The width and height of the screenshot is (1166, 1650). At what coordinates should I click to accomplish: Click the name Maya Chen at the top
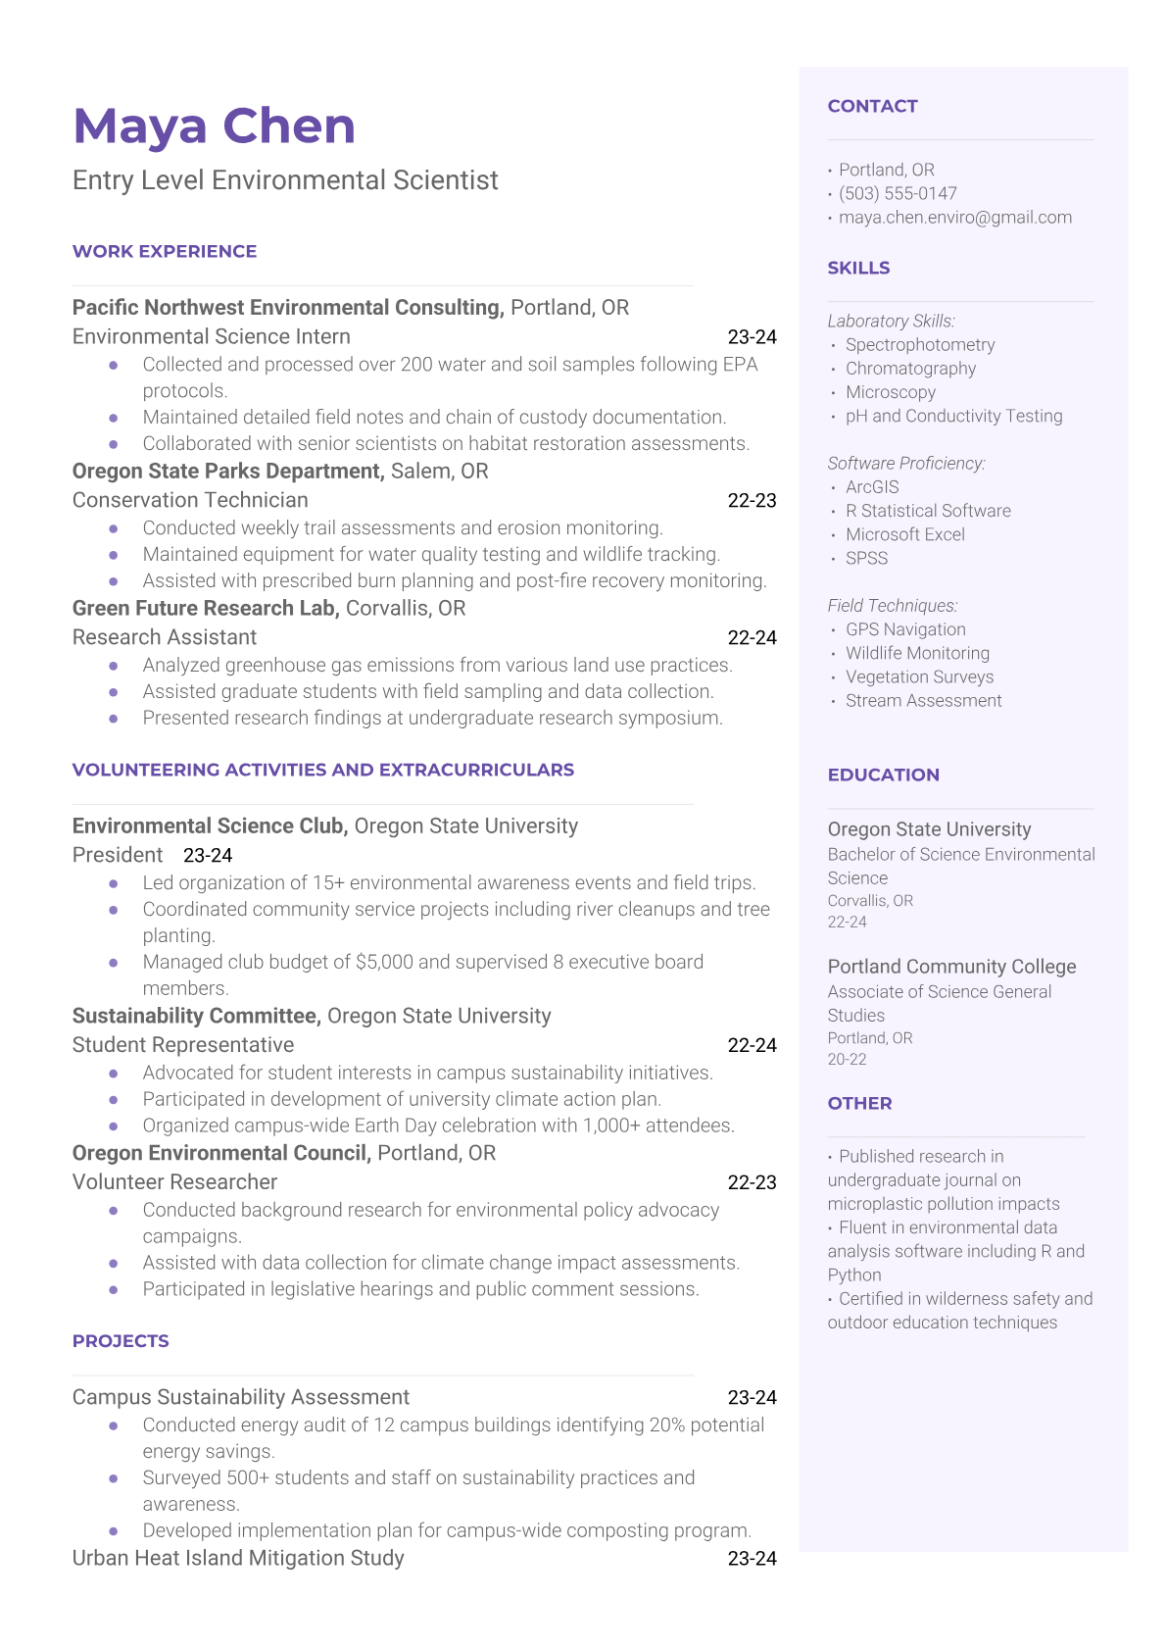214,126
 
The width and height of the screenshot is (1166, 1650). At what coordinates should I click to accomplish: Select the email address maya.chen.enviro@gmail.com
954,218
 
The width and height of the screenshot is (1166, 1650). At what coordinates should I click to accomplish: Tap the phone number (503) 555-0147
898,194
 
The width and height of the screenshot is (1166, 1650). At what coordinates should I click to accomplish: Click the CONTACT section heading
872,106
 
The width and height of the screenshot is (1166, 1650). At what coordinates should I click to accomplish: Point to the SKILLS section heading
858,268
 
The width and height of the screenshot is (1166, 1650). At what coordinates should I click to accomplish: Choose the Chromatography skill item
910,369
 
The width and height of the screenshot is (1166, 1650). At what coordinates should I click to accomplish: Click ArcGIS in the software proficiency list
872,487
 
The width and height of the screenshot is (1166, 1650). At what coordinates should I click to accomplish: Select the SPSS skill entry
866,558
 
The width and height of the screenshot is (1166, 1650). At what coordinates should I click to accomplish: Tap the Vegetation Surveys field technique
919,676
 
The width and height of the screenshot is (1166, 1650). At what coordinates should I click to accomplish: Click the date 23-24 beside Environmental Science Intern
752,337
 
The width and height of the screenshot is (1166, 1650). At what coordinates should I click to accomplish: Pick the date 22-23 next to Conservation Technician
752,501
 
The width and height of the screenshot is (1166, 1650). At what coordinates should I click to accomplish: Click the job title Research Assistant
165,637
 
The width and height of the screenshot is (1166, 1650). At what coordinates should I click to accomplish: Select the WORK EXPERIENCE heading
165,252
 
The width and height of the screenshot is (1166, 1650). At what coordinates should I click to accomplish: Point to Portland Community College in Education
951,967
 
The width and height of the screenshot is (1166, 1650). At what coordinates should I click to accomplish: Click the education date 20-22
847,1059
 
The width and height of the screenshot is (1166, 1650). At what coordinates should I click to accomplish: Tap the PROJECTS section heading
121,1341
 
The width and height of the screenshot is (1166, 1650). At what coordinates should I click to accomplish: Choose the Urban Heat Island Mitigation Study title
238,1558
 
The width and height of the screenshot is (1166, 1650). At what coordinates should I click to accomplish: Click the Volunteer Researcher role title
174,1182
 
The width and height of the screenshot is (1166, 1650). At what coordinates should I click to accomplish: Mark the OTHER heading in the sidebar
859,1103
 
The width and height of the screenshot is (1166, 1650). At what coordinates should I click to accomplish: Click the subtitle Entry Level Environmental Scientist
285,180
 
